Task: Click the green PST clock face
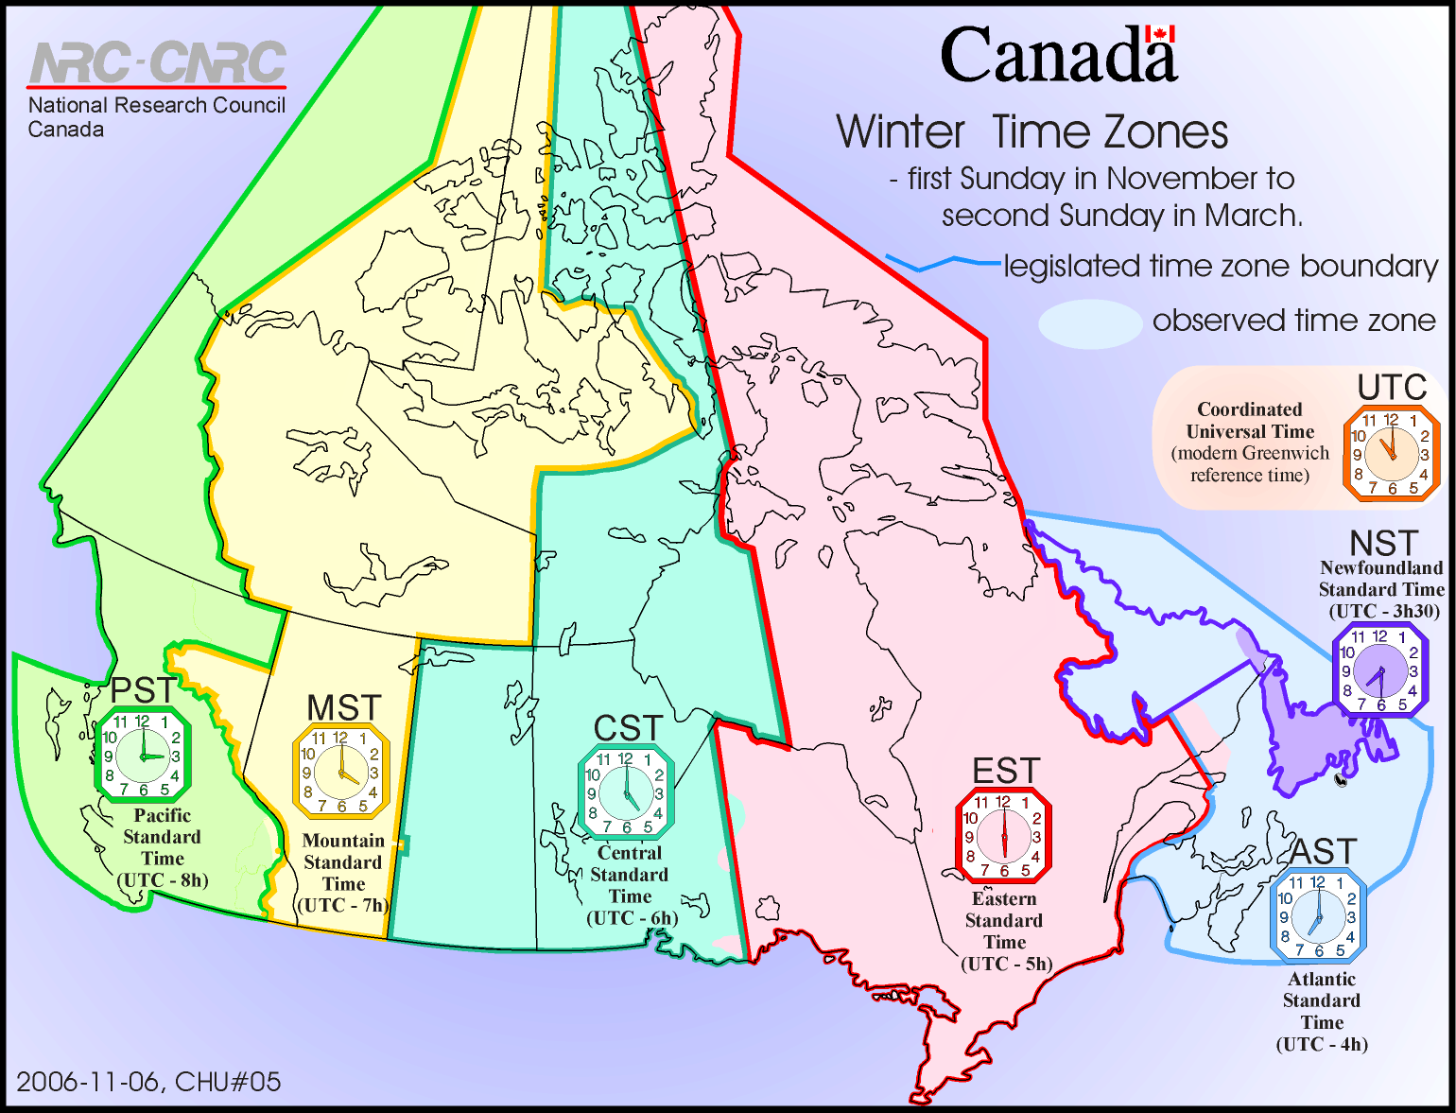pos(143,756)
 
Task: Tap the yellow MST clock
pos(340,772)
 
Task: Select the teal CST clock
pos(626,792)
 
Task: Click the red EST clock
pos(1003,835)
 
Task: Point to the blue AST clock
pos(1318,916)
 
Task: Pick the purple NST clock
pos(1380,670)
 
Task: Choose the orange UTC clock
pos(1391,453)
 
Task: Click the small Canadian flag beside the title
pos(1159,34)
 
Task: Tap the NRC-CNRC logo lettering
pos(158,62)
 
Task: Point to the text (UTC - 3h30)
pos(1384,611)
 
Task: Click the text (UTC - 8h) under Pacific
pos(163,880)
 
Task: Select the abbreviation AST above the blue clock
pos(1324,852)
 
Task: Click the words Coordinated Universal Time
pos(1250,420)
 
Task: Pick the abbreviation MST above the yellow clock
pos(343,707)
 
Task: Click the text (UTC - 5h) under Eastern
pos(1006,964)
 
